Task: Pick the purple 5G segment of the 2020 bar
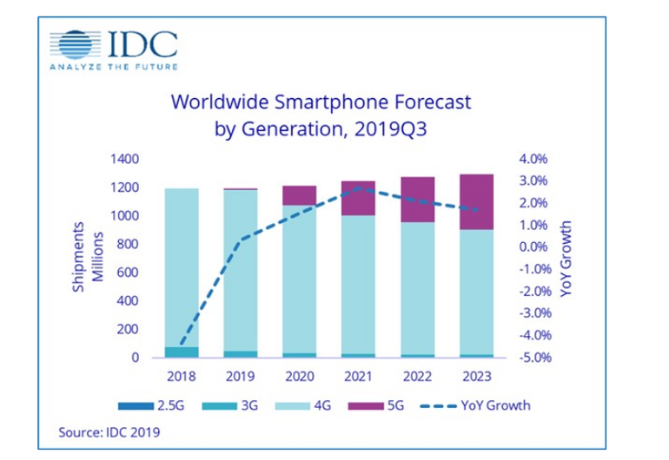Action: (299, 195)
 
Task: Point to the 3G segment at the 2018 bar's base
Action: (181, 352)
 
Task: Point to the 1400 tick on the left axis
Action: (123, 160)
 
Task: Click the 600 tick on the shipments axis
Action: (127, 273)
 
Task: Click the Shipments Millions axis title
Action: (87, 259)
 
